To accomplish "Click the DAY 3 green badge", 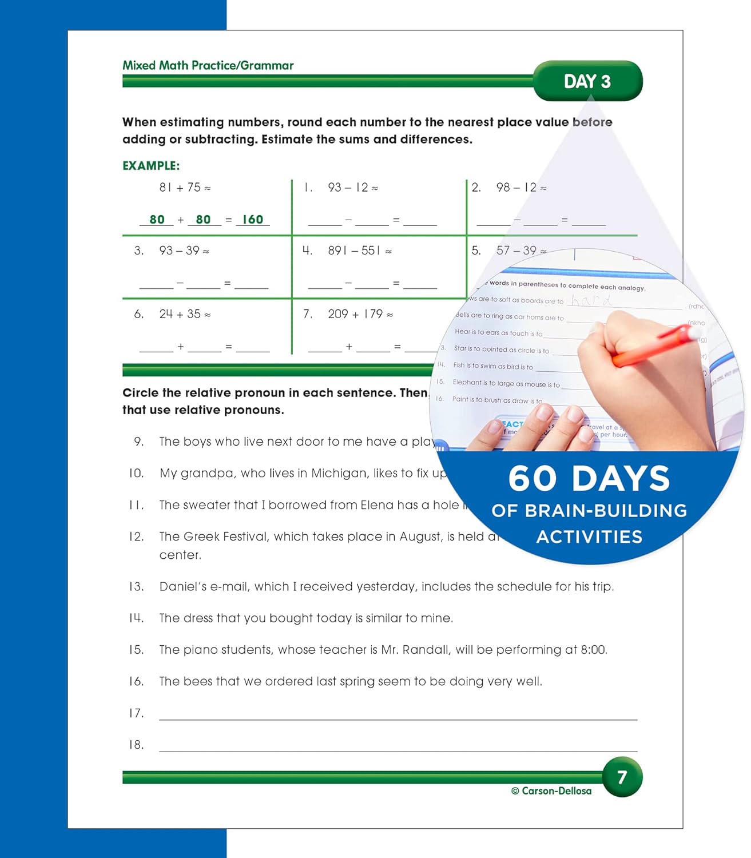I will (587, 81).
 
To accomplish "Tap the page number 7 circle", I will (622, 777).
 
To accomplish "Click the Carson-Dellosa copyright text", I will (551, 791).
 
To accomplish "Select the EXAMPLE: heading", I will (151, 166).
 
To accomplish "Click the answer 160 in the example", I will (252, 220).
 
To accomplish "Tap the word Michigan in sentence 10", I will (339, 474).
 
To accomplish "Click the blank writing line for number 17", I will (398, 715).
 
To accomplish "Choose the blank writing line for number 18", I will (398, 746).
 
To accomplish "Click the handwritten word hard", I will (592, 300).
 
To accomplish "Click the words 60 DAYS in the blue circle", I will (589, 478).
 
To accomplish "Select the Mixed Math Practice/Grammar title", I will (208, 65).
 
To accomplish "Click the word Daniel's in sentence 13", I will (183, 586).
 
